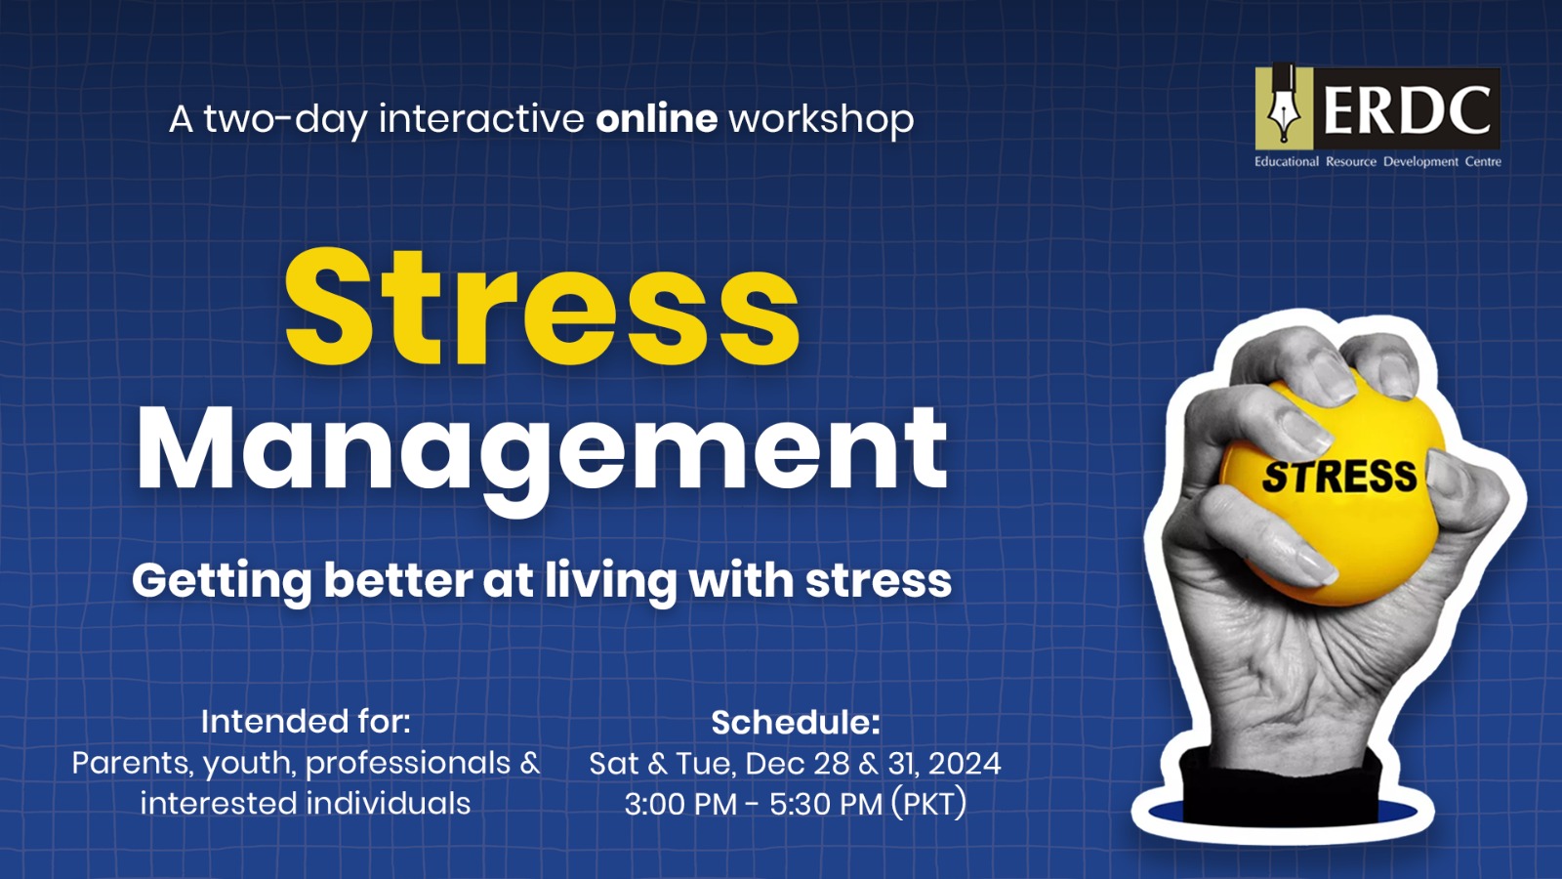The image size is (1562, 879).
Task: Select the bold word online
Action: [656, 118]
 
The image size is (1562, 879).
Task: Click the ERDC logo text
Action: [1407, 110]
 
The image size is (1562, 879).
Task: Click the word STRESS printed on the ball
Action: [1338, 478]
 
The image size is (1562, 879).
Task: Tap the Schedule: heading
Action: [796, 723]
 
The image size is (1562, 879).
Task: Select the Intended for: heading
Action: [306, 722]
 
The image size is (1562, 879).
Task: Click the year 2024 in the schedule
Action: [965, 764]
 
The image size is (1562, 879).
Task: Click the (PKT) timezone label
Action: [928, 805]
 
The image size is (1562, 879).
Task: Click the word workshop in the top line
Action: [821, 119]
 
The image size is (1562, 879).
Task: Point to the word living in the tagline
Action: [610, 582]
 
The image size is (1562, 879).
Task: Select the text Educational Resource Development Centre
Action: [1377, 162]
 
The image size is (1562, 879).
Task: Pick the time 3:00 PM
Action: [680, 805]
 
